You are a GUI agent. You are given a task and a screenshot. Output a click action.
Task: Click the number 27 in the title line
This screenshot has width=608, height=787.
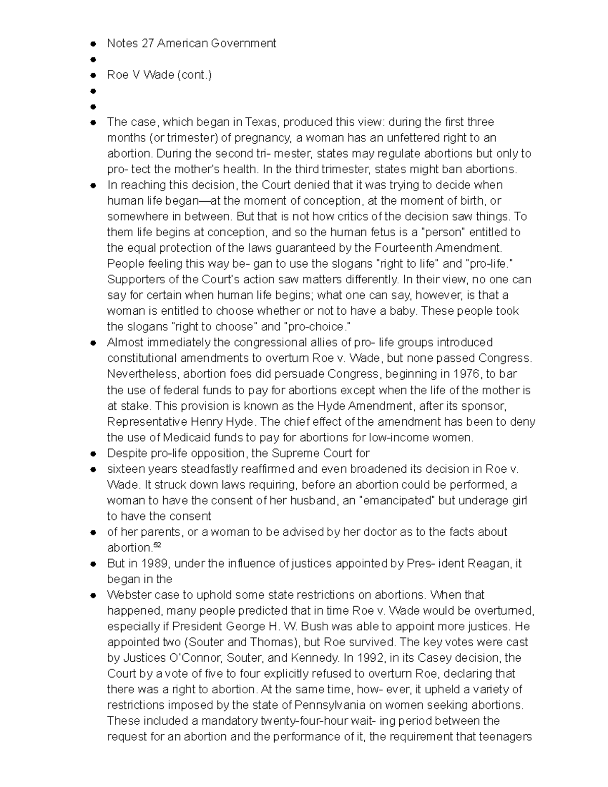tap(147, 44)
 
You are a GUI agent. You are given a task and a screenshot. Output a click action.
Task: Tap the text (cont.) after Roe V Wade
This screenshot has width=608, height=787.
tap(194, 75)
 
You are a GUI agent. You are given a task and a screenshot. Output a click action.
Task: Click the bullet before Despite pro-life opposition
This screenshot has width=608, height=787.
tap(93, 454)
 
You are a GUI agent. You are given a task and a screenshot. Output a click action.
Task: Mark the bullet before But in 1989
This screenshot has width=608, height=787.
tap(93, 564)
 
